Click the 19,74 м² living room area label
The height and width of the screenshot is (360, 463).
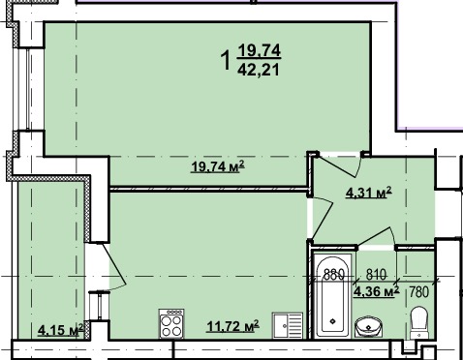(x=218, y=167)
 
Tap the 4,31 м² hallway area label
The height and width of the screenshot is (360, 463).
(x=369, y=193)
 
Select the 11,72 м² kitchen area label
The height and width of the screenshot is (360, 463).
(x=232, y=326)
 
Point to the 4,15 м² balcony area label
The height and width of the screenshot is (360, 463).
(x=61, y=330)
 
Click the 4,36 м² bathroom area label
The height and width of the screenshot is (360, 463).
(x=377, y=291)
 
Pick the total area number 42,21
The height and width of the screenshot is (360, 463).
(x=259, y=70)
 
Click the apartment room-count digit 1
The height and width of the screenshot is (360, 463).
(x=226, y=60)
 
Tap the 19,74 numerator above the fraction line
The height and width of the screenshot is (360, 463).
(x=260, y=50)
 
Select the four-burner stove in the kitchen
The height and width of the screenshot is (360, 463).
(x=171, y=323)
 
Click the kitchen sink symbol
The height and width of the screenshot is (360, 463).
(x=288, y=325)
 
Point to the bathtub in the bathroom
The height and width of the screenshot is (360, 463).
(x=332, y=295)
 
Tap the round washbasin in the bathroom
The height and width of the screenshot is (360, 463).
(x=368, y=327)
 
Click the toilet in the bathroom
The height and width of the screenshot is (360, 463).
(x=418, y=322)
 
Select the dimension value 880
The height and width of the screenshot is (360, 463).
(x=334, y=275)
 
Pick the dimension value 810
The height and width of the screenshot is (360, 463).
(x=376, y=275)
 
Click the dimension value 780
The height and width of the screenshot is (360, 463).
(x=419, y=292)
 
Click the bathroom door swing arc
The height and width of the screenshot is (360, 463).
(x=377, y=236)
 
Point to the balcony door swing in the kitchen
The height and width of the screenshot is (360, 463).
(x=114, y=264)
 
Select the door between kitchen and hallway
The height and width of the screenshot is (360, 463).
(x=323, y=217)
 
